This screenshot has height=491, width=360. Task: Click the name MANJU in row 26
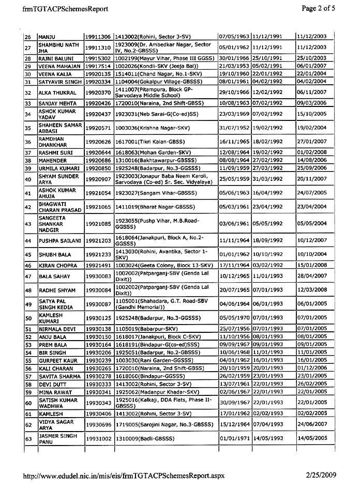pyautogui.click(x=47, y=37)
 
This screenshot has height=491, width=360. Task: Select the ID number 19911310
pyautogui.click(x=98, y=48)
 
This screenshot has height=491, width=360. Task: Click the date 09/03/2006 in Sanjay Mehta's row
pyautogui.click(x=312, y=103)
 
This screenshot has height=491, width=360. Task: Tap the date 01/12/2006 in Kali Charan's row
pyautogui.click(x=312, y=368)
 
